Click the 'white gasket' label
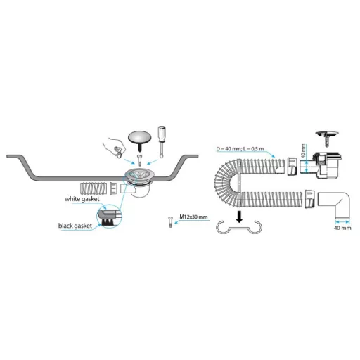click(x=82, y=199)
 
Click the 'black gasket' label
click(x=75, y=226)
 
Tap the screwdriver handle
click(x=162, y=133)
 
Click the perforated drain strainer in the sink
click(x=139, y=174)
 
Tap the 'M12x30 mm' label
click(x=193, y=217)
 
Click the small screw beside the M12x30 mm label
click(x=170, y=222)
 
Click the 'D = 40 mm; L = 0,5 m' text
click(x=240, y=149)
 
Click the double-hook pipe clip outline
click(x=238, y=228)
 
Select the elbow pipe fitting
click(x=334, y=204)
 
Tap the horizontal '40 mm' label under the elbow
click(x=342, y=228)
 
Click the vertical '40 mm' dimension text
click(x=303, y=150)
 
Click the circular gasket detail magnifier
click(x=109, y=216)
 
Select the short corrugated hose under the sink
click(x=94, y=188)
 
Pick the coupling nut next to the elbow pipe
click(x=310, y=199)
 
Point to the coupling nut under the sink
click(x=113, y=188)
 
